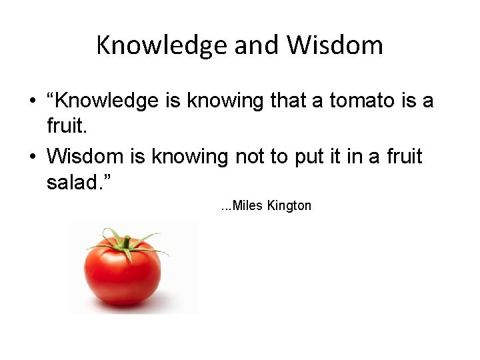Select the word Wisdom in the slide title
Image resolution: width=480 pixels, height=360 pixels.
[335, 45]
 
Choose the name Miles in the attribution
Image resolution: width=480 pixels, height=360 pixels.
[249, 206]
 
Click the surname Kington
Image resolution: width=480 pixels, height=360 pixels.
[289, 206]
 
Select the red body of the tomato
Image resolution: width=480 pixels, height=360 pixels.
[123, 277]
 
